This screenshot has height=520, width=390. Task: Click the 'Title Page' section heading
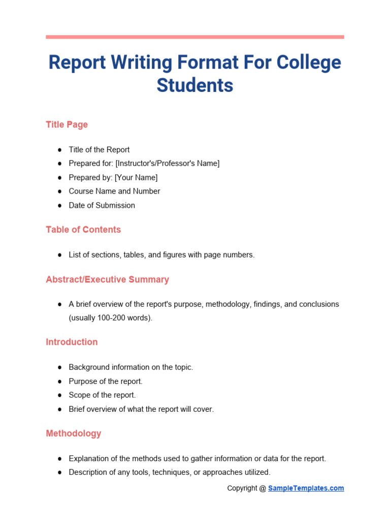[x=67, y=124]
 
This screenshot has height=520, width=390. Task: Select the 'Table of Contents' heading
[x=83, y=230]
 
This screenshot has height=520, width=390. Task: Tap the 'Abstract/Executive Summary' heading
[x=107, y=279]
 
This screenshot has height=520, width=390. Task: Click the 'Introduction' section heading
[x=72, y=342]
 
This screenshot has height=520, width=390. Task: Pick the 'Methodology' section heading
[x=74, y=433]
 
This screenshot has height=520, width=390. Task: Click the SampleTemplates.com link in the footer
[x=306, y=488]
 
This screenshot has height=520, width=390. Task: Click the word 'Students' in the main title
[x=195, y=85]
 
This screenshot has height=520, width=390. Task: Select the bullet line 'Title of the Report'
[x=99, y=150]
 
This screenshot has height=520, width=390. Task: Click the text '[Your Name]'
[x=136, y=177]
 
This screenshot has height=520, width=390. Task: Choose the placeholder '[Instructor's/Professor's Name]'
[x=168, y=164]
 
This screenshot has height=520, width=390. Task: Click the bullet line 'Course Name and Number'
[x=114, y=191]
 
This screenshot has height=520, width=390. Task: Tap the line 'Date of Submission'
[x=102, y=205]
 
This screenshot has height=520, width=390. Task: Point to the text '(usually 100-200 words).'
[x=110, y=318]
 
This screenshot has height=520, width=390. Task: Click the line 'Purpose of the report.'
[x=106, y=381]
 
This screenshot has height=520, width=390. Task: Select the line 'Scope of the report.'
[x=102, y=395]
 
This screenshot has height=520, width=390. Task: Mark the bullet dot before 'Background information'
[x=59, y=367]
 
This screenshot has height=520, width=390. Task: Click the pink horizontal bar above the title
[x=195, y=37]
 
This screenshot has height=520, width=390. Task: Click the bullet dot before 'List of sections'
[x=59, y=255]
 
